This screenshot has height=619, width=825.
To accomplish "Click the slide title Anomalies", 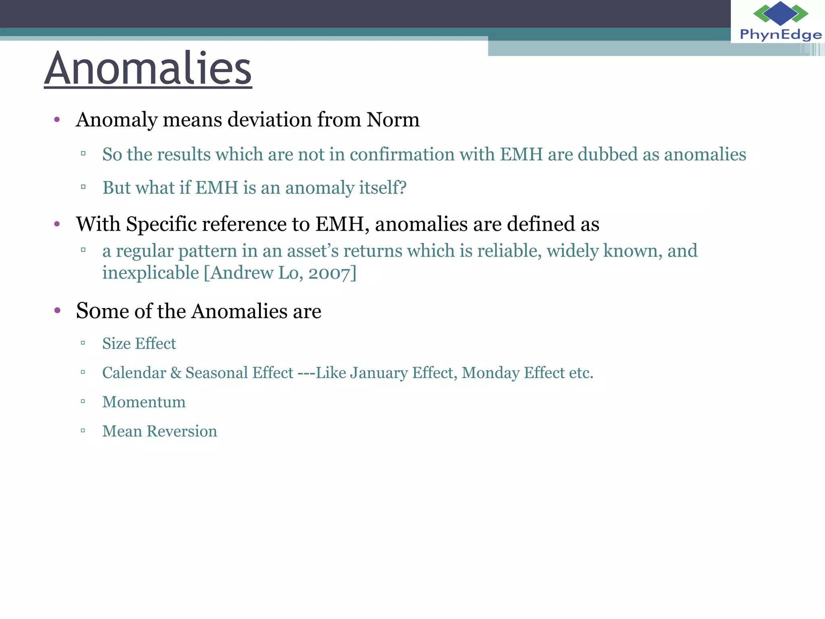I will tap(148, 68).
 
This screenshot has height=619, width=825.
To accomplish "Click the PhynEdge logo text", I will tap(780, 35).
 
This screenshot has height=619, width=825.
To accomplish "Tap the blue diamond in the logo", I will tap(780, 13).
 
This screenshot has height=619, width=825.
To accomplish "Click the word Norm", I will tap(393, 120).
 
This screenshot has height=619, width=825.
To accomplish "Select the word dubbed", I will tap(607, 154).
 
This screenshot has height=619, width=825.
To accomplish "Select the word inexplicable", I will tap(151, 273).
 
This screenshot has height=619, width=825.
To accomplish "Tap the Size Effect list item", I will tap(139, 344).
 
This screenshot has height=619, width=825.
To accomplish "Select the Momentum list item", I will tap(144, 402).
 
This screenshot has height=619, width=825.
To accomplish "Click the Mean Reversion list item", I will tap(160, 432).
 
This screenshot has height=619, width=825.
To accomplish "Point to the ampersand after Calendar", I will tap(176, 373).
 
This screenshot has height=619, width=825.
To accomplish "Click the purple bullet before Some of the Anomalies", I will tap(57, 310).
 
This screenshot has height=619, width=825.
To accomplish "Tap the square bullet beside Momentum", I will tap(83, 401).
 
